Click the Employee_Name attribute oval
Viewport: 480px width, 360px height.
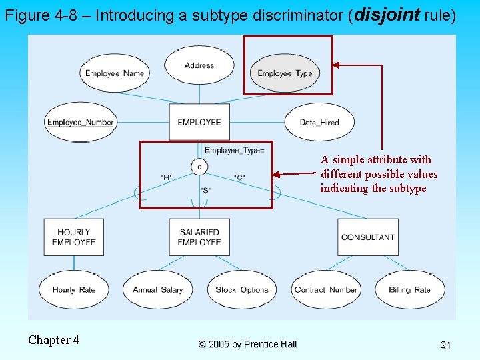[114, 73]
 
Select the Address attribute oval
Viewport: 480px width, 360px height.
[199, 65]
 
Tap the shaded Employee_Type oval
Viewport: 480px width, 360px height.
[285, 73]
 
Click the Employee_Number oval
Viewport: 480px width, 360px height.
[81, 122]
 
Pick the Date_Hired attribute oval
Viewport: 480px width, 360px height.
[319, 122]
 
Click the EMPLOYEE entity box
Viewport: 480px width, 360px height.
[199, 122]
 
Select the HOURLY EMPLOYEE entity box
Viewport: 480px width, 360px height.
[74, 237]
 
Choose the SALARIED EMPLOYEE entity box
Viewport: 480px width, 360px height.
[199, 237]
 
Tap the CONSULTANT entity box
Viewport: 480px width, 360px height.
[367, 237]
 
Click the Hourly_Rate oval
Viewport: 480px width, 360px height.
[73, 290]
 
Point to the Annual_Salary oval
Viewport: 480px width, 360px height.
[158, 290]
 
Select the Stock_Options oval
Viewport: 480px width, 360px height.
[242, 290]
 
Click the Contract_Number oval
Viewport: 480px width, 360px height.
[326, 290]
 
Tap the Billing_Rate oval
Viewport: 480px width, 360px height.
[409, 290]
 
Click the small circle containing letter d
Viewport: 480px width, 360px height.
[199, 166]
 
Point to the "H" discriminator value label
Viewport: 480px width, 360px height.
[166, 177]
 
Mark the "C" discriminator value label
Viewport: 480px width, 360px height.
[240, 177]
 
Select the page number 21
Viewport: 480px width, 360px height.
[446, 345]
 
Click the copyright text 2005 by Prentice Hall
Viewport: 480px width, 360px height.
[247, 344]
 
